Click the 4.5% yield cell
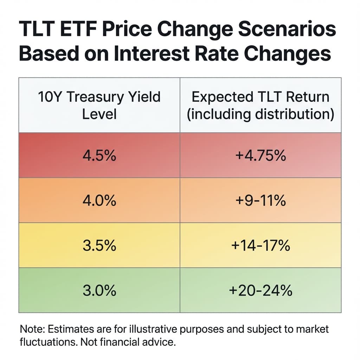99,155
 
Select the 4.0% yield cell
99,200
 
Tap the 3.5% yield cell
99,245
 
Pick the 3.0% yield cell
99,290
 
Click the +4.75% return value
261,155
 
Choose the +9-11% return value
261,200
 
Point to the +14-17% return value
261,245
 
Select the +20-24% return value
261,290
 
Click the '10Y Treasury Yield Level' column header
99,105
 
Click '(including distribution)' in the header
261,114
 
